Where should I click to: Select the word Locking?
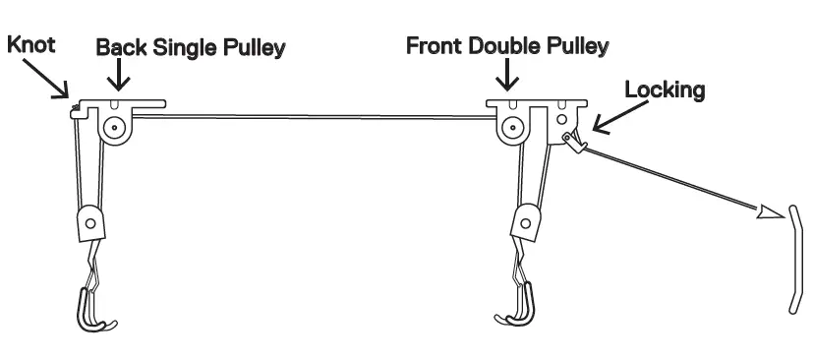pyautogui.click(x=665, y=90)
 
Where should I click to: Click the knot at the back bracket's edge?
pyautogui.click(x=74, y=108)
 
